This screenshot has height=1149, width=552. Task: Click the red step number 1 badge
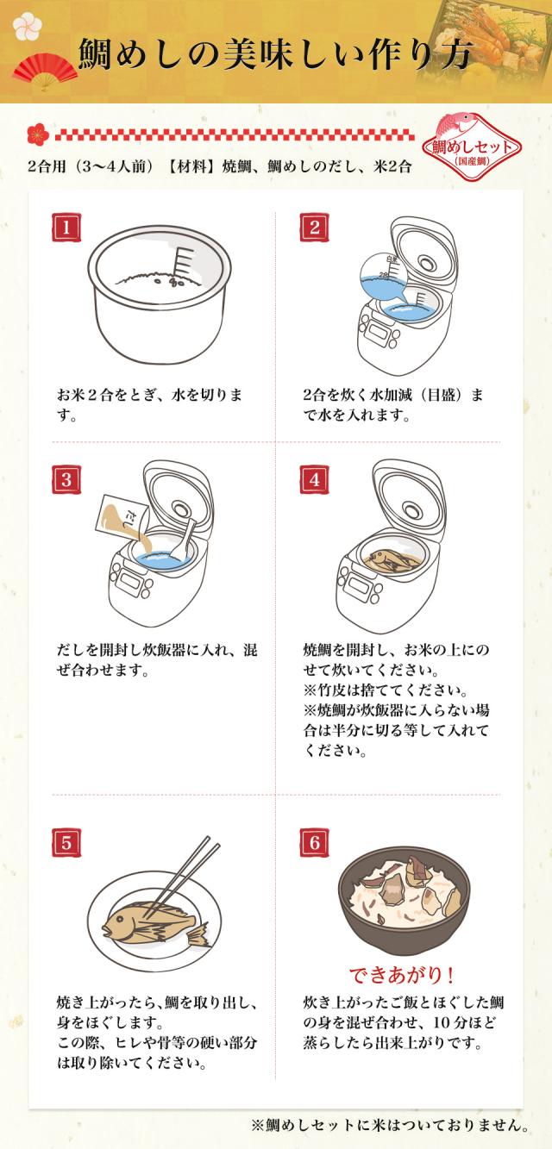pos(66,228)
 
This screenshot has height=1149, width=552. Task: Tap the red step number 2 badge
pos(314,228)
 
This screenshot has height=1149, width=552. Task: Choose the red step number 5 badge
pos(66,843)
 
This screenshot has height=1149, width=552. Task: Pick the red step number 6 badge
pos(314,843)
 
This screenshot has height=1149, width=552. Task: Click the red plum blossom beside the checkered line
pos(38,134)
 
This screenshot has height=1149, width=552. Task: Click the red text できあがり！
pos(402,975)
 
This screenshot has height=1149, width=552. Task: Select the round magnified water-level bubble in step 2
pos(383,277)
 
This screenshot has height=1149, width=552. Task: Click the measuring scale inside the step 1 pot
pos(185,261)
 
